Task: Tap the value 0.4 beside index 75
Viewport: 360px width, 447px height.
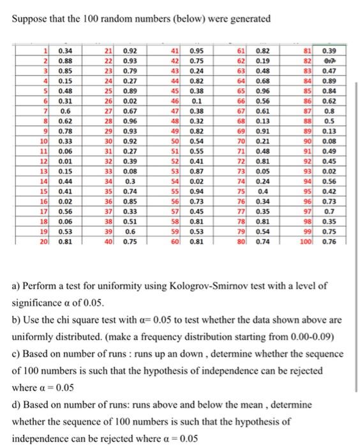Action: click(262, 192)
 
